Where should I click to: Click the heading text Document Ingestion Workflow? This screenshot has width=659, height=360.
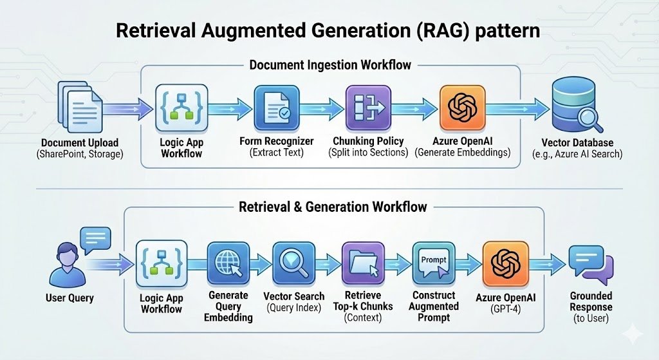[330, 65]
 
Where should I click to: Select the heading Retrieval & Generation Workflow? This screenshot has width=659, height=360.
[333, 207]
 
